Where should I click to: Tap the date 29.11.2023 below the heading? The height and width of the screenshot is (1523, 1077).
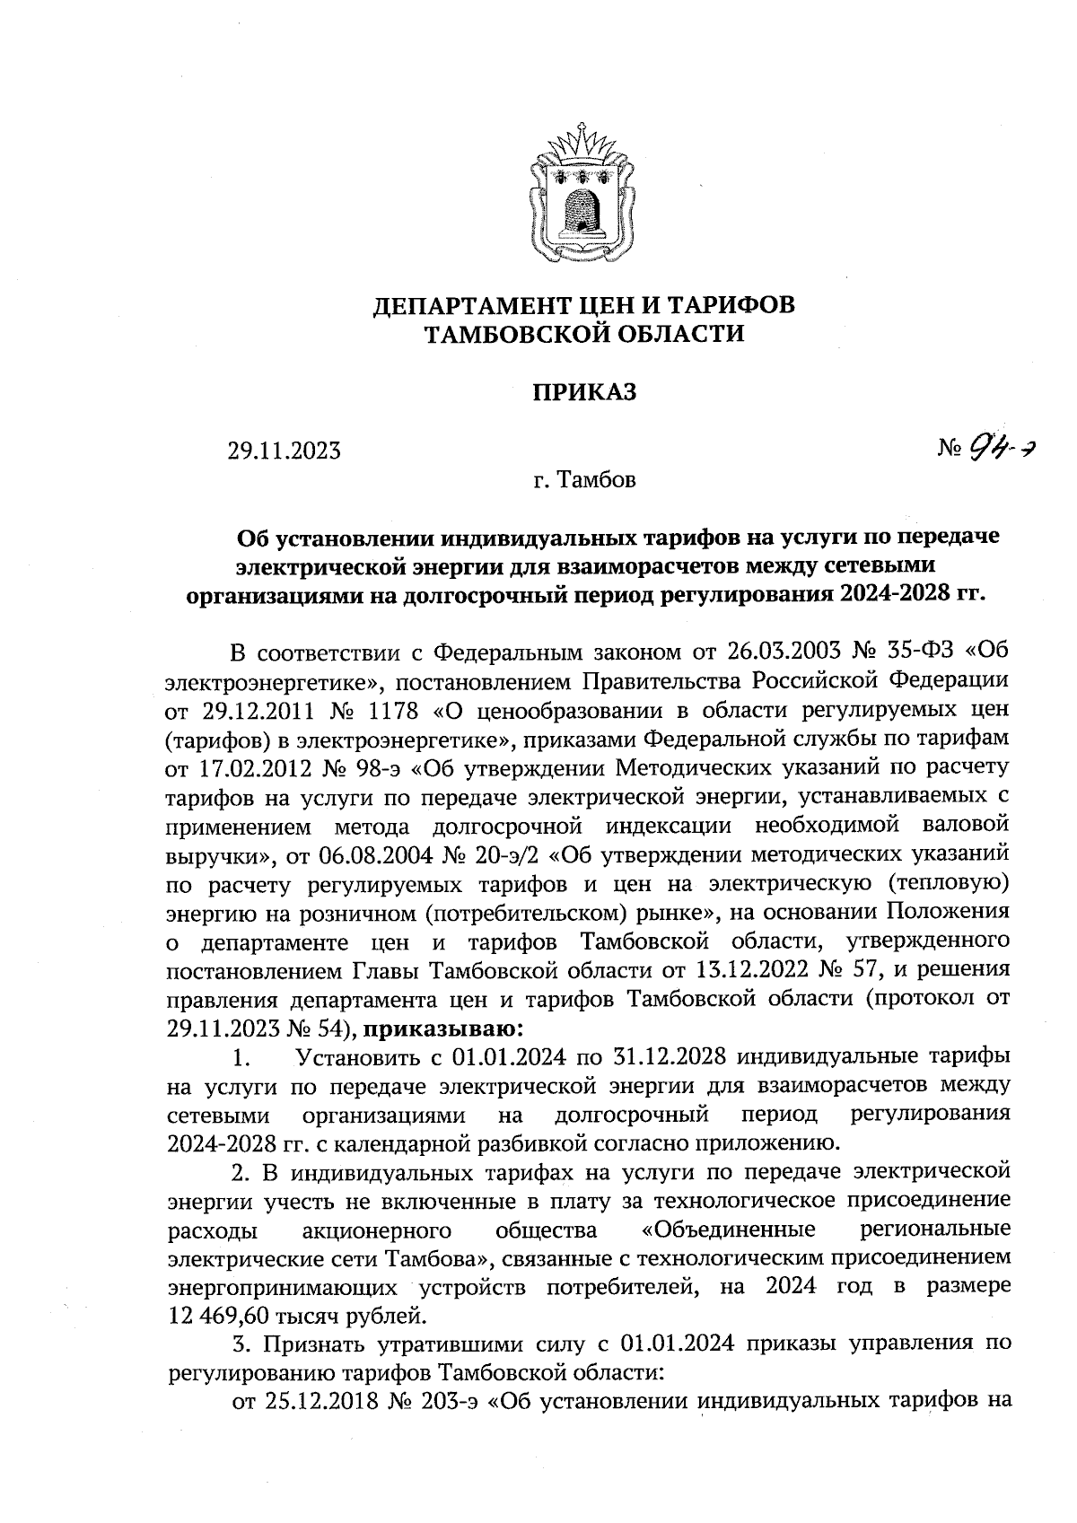(x=285, y=451)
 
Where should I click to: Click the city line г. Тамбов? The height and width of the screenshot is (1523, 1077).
(x=583, y=481)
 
